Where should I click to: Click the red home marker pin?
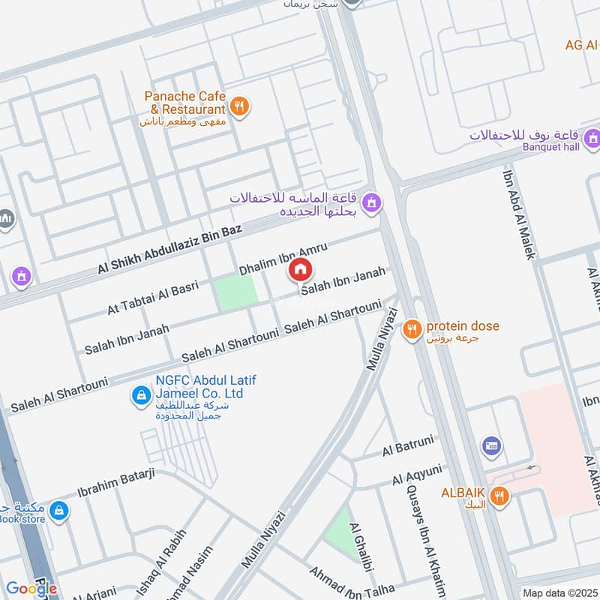click(x=301, y=269)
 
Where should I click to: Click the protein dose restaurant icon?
click(x=411, y=328)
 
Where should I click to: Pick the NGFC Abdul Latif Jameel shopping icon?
click(x=139, y=394)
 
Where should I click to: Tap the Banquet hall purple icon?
click(x=592, y=138)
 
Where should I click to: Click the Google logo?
click(x=31, y=589)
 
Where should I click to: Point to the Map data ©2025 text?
click(x=559, y=592)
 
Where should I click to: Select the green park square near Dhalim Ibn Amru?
click(x=236, y=293)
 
